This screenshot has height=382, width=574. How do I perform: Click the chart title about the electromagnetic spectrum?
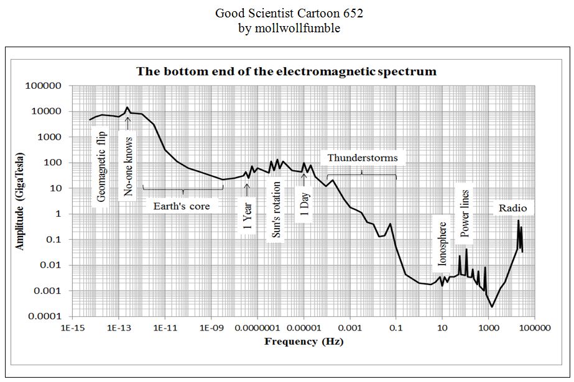(x=287, y=71)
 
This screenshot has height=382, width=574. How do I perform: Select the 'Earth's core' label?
(x=182, y=206)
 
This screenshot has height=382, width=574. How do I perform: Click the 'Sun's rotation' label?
(x=277, y=209)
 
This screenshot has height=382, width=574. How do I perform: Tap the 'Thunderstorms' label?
(x=362, y=158)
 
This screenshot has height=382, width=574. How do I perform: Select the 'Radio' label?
(x=512, y=208)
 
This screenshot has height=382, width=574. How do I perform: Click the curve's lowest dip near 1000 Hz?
(x=492, y=306)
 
